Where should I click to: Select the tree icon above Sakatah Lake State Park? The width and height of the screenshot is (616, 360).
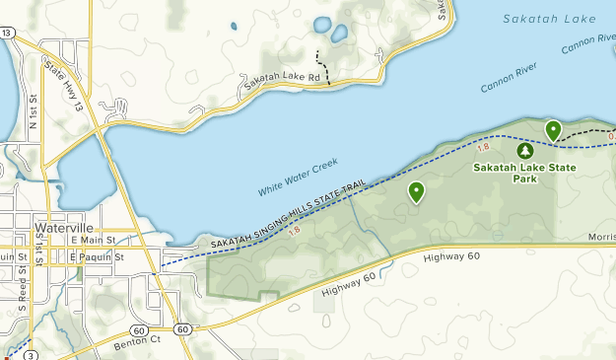[x=524, y=151]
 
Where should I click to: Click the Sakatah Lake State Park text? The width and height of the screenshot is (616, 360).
[x=524, y=174]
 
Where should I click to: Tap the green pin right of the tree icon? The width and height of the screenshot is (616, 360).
[x=553, y=129]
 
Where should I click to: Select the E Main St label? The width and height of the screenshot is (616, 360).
[x=94, y=239]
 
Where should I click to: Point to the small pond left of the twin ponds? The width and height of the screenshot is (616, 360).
[x=233, y=27]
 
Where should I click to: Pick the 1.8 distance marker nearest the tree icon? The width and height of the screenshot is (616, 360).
[x=483, y=147]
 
